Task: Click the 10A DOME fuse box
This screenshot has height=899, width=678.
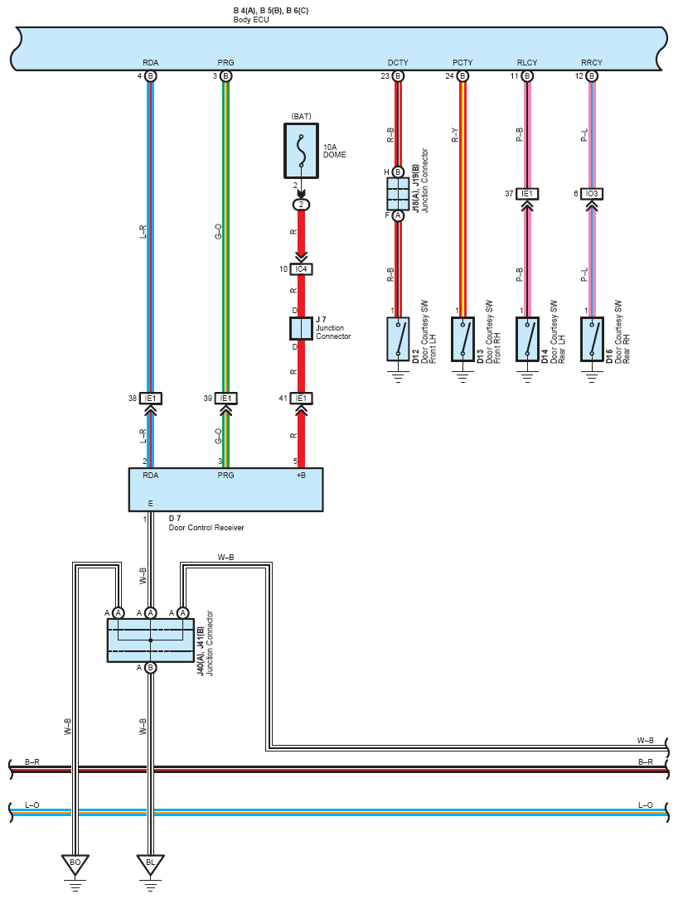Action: [x=301, y=151]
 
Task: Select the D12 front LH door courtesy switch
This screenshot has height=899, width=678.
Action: [x=398, y=339]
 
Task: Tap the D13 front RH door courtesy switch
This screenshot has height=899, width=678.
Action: [x=462, y=339]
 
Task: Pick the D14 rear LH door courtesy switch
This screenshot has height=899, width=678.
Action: [x=527, y=339]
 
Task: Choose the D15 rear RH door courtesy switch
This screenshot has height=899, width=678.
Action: [x=592, y=339]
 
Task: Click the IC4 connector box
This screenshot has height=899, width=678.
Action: [x=301, y=269]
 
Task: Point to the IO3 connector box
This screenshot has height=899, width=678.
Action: [x=592, y=194]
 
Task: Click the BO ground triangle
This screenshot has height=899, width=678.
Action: [x=75, y=864]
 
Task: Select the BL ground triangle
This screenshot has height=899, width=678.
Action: [x=150, y=864]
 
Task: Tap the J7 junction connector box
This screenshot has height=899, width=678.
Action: [x=301, y=328]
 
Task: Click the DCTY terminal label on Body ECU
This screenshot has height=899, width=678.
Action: [x=398, y=62]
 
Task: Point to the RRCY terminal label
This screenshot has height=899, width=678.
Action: [x=592, y=62]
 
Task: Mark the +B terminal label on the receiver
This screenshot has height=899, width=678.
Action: [x=301, y=476]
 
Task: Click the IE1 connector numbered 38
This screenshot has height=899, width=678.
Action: [x=150, y=399]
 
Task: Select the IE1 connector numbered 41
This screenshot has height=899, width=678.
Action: [x=301, y=399]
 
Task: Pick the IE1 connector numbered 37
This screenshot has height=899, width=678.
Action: [x=527, y=194]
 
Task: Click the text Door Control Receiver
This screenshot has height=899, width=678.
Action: [x=206, y=528]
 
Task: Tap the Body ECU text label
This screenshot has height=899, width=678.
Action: [x=251, y=20]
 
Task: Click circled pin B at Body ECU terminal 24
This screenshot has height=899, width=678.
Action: [x=462, y=75]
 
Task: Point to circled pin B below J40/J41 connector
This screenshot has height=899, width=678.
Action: [x=150, y=667]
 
